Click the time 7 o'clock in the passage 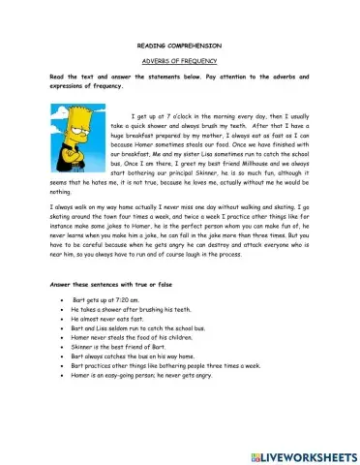pos(183,113)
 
